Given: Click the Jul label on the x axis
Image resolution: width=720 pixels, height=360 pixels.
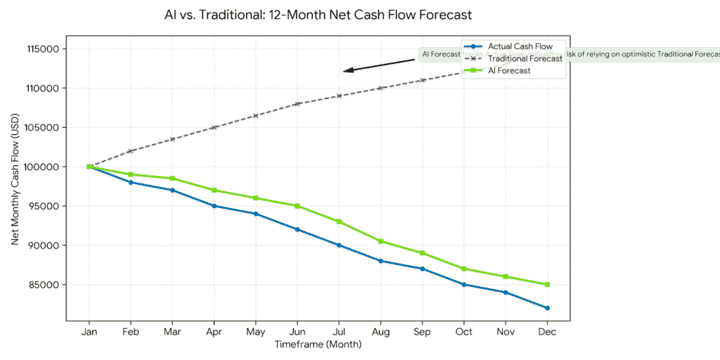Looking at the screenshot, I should point(339,332).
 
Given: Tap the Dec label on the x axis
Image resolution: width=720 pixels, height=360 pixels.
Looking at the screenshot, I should point(547,332).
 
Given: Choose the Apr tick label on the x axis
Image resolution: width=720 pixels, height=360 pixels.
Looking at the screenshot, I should point(214,332).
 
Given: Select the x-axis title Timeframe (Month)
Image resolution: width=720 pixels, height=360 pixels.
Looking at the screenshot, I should point(317,345).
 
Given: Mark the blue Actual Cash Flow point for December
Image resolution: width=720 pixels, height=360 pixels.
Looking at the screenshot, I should point(547,308).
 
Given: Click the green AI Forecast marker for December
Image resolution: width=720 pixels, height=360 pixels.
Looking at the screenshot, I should point(547,285).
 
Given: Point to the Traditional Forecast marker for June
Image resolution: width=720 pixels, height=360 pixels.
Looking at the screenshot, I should point(297,103).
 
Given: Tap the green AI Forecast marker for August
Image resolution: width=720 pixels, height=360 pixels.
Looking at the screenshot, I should point(380,241).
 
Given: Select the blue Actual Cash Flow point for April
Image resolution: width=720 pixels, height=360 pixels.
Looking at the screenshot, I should point(214,206).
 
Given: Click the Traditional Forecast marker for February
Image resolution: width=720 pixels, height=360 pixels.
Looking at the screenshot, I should point(131,151).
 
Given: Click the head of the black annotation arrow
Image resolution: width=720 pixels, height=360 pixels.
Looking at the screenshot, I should point(345,71).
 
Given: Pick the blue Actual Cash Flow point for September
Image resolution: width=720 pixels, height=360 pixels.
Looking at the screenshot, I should point(422,269).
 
